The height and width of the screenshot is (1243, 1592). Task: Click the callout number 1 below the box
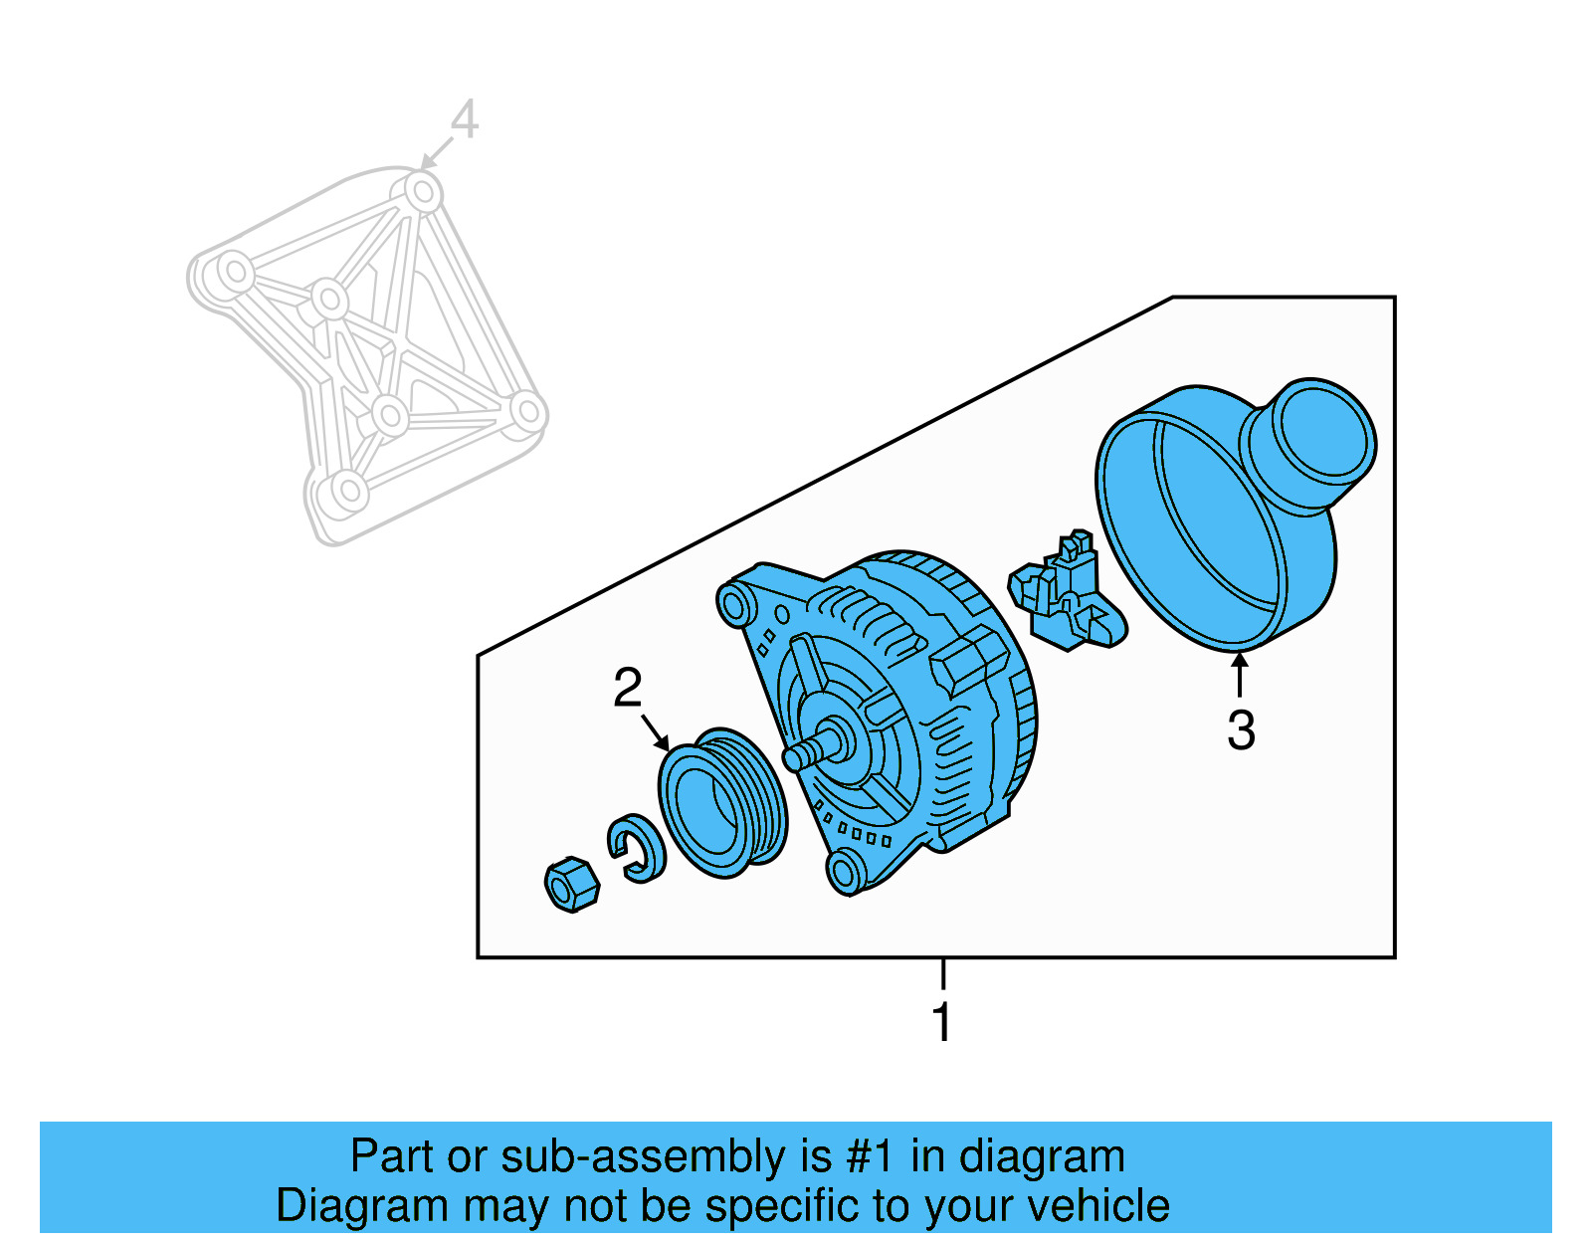[941, 1022]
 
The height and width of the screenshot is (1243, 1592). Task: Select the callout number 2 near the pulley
[627, 689]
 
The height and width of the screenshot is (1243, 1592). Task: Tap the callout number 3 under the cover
[1240, 730]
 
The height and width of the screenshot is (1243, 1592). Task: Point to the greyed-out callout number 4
[464, 120]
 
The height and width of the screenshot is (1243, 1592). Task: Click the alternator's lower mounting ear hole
[845, 872]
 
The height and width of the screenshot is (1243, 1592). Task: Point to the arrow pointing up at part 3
[1240, 673]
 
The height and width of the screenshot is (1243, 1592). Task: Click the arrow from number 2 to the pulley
[655, 731]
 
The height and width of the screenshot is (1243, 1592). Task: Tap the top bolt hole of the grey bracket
[423, 191]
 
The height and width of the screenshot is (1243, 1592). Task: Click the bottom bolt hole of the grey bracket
[347, 490]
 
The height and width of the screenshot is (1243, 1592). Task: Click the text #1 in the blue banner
[874, 1157]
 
